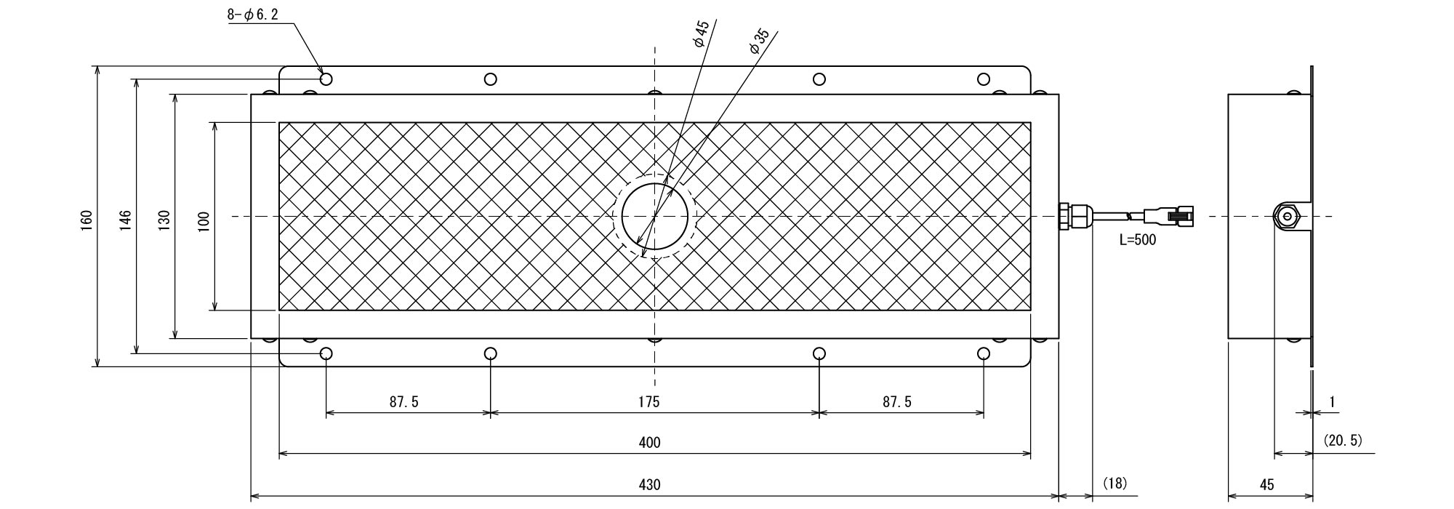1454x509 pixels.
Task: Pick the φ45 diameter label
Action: [701, 34]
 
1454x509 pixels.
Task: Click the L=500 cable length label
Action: [1137, 239]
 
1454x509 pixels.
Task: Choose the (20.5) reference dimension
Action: [1342, 441]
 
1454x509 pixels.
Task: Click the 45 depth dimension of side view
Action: [1266, 484]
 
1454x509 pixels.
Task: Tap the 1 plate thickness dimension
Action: [1332, 401]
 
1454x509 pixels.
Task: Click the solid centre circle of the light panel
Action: [655, 217]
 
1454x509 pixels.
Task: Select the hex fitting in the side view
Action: [1288, 216]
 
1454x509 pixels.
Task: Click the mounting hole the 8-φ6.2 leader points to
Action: [326, 79]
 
